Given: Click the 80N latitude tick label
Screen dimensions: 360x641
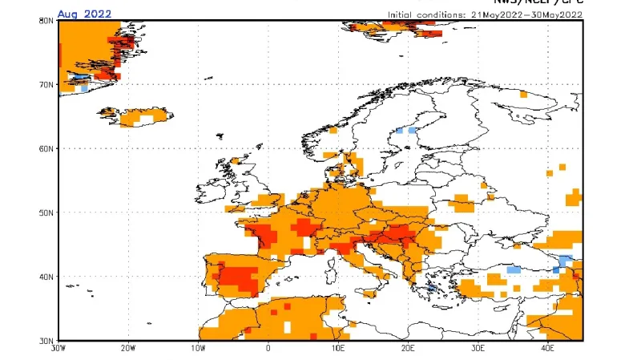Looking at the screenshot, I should pyautogui.click(x=46, y=20).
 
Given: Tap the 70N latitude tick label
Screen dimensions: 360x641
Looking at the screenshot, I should pyautogui.click(x=46, y=84).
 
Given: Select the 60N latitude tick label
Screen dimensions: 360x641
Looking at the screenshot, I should pyautogui.click(x=46, y=148).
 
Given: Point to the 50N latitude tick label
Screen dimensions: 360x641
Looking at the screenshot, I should pyautogui.click(x=46, y=212).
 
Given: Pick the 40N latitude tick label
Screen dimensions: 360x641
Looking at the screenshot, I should pyautogui.click(x=46, y=277).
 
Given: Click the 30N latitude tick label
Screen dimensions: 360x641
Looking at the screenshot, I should pyautogui.click(x=46, y=340).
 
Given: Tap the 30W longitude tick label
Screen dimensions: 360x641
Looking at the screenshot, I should pyautogui.click(x=58, y=350).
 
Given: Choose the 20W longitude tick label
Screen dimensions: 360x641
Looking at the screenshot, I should pyautogui.click(x=127, y=350).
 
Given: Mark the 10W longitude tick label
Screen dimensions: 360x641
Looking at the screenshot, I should pyautogui.click(x=198, y=350).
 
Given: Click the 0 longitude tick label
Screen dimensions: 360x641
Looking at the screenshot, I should pyautogui.click(x=268, y=350).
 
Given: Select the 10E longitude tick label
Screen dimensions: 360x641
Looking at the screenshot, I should pyautogui.click(x=338, y=350).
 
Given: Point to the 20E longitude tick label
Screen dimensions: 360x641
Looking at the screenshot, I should pyautogui.click(x=408, y=350).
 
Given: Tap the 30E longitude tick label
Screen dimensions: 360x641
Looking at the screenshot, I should pyautogui.click(x=478, y=350).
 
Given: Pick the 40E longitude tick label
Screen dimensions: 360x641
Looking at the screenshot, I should pyautogui.click(x=548, y=350).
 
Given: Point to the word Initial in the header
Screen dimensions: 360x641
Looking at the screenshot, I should pyautogui.click(x=402, y=14).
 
